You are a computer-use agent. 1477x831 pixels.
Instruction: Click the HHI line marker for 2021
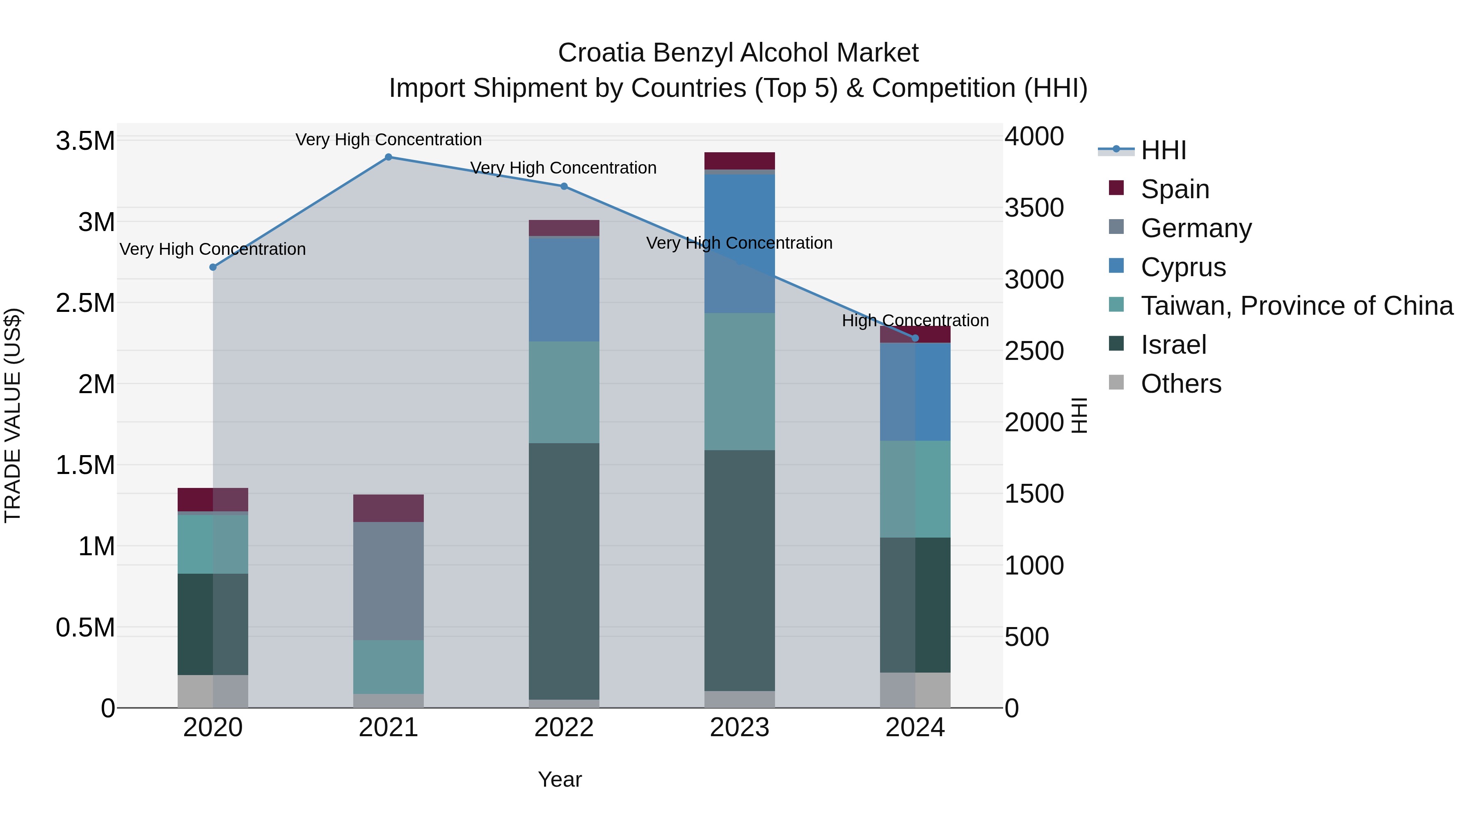[388, 157]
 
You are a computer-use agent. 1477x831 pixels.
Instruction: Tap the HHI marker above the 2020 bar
[213, 267]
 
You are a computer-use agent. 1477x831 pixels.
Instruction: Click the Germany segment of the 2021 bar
[388, 580]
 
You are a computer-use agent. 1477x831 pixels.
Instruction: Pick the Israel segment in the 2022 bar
[564, 571]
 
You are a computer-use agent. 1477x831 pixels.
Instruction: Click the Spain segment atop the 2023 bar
[740, 160]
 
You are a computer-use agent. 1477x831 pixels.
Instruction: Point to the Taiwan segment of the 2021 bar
[388, 667]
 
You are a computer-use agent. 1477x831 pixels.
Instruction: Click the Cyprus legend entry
[1182, 267]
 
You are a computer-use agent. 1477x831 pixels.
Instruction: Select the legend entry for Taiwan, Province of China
[1296, 306]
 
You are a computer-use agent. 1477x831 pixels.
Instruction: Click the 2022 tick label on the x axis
[564, 728]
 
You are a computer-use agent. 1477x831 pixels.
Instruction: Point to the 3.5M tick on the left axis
[85, 141]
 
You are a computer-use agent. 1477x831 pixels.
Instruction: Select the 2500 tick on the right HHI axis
[1034, 351]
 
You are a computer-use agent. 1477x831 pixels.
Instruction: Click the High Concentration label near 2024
[915, 320]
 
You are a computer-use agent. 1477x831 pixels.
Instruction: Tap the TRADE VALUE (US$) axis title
[13, 415]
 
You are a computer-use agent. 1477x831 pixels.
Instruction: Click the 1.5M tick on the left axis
[85, 465]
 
